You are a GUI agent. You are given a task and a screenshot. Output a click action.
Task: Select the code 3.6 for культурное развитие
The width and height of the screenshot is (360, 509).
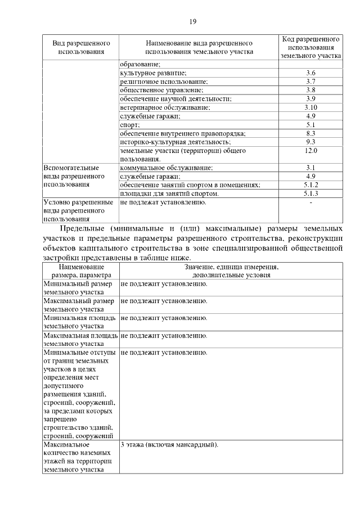tap(311, 73)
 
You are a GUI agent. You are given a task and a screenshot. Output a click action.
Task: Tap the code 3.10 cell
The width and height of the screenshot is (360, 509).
tap(311, 107)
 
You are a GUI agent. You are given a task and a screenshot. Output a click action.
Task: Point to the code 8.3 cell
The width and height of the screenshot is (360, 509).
tap(311, 133)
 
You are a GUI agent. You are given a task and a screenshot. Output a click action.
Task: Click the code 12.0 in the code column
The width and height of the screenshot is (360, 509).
tap(311, 151)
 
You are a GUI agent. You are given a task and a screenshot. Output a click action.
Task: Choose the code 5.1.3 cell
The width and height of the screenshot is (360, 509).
tap(311, 193)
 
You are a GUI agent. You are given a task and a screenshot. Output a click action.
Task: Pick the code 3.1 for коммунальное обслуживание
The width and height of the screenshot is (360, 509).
tap(311, 168)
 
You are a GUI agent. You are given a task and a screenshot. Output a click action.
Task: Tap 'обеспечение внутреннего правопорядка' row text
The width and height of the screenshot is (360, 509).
tap(183, 133)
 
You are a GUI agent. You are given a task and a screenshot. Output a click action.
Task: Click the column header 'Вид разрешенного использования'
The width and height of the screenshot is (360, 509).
tap(81, 47)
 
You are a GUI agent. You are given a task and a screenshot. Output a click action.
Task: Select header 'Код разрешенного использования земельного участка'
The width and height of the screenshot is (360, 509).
tap(311, 47)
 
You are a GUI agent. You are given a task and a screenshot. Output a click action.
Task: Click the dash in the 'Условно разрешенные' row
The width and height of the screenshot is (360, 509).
tap(311, 202)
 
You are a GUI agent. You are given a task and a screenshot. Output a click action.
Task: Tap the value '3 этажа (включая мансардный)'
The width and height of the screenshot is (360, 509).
tap(169, 445)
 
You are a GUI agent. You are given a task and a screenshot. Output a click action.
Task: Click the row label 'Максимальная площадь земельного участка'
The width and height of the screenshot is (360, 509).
tap(80, 340)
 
